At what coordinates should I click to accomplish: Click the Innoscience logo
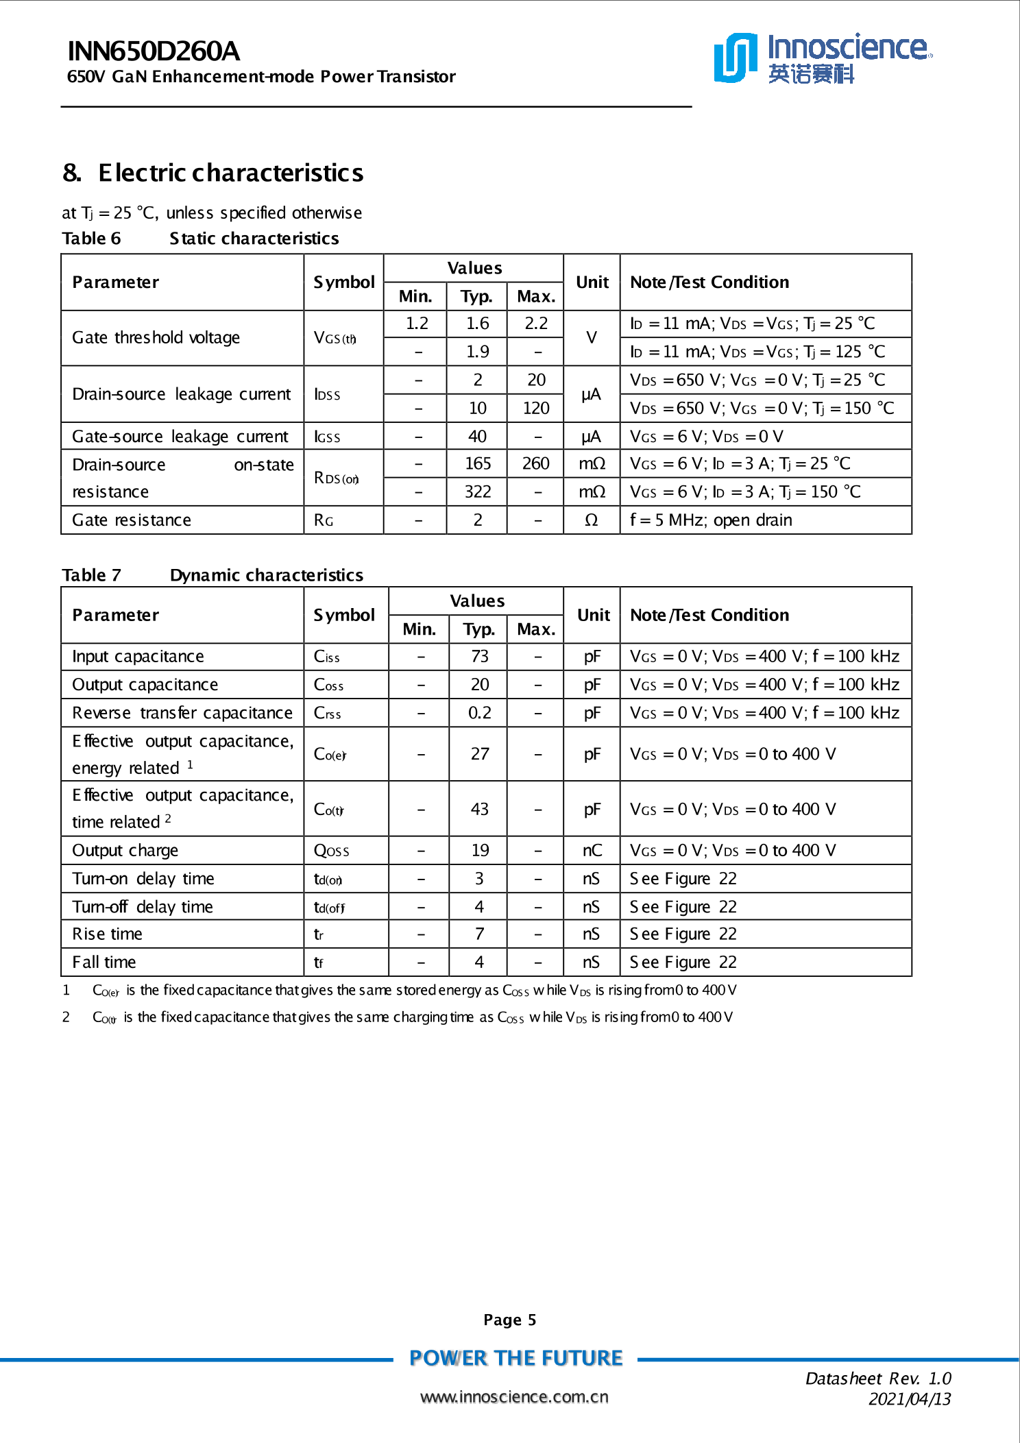822,58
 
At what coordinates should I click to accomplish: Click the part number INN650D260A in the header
154,51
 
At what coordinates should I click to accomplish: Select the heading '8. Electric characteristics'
213,173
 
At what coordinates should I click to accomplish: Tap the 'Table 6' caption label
91,239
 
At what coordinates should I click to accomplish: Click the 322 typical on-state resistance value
477,492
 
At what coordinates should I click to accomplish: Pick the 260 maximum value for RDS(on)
535,464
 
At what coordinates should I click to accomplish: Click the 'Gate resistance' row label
132,520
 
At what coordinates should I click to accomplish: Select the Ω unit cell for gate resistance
591,520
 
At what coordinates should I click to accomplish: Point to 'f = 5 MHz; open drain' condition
711,520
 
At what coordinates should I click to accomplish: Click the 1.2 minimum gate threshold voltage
416,324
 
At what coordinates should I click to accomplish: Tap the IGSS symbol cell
327,437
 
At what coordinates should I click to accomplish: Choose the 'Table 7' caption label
91,575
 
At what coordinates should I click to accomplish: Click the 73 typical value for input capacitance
479,657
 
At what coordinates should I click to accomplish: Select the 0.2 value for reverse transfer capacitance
479,713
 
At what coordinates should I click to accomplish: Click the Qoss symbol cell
331,851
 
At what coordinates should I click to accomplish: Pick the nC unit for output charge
592,851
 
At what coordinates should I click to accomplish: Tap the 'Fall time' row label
104,962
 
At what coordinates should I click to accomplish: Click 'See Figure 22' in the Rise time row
683,934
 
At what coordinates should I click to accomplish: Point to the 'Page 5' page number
509,1320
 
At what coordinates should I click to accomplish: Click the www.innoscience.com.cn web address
514,1397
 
